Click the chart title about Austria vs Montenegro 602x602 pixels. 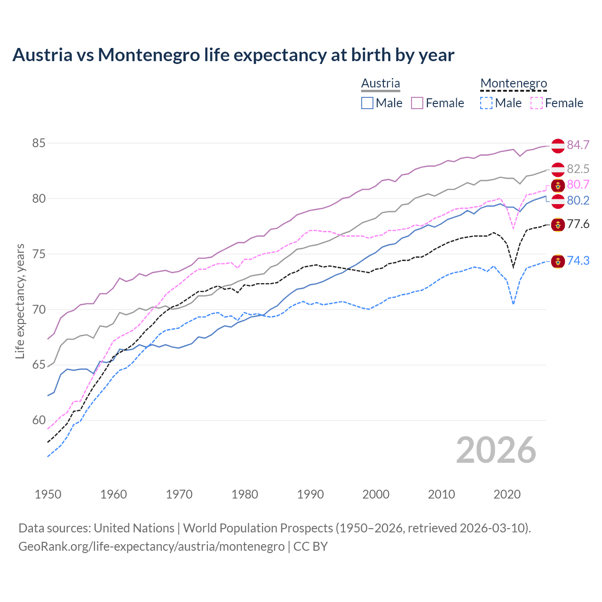tap(233, 55)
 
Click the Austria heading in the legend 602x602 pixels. tap(380, 83)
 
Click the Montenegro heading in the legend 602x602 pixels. tap(514, 83)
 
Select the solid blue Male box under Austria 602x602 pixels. tap(367, 103)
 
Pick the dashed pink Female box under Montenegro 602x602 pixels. tap(537, 103)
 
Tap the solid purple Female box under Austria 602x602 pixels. tap(417, 103)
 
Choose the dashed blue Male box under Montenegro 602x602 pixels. tap(486, 103)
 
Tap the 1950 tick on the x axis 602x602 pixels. tap(48, 494)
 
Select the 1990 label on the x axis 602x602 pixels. tap(310, 494)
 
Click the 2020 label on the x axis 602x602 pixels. tap(507, 494)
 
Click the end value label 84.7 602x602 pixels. tap(578, 145)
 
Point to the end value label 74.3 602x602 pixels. tap(578, 261)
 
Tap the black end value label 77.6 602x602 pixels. tap(578, 224)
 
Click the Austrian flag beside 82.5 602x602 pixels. tap(558, 169)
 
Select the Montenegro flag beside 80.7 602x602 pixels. tap(558, 185)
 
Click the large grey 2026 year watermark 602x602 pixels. tap(496, 450)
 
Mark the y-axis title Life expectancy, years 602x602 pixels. tap(20, 301)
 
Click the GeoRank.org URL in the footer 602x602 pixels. tap(151, 547)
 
